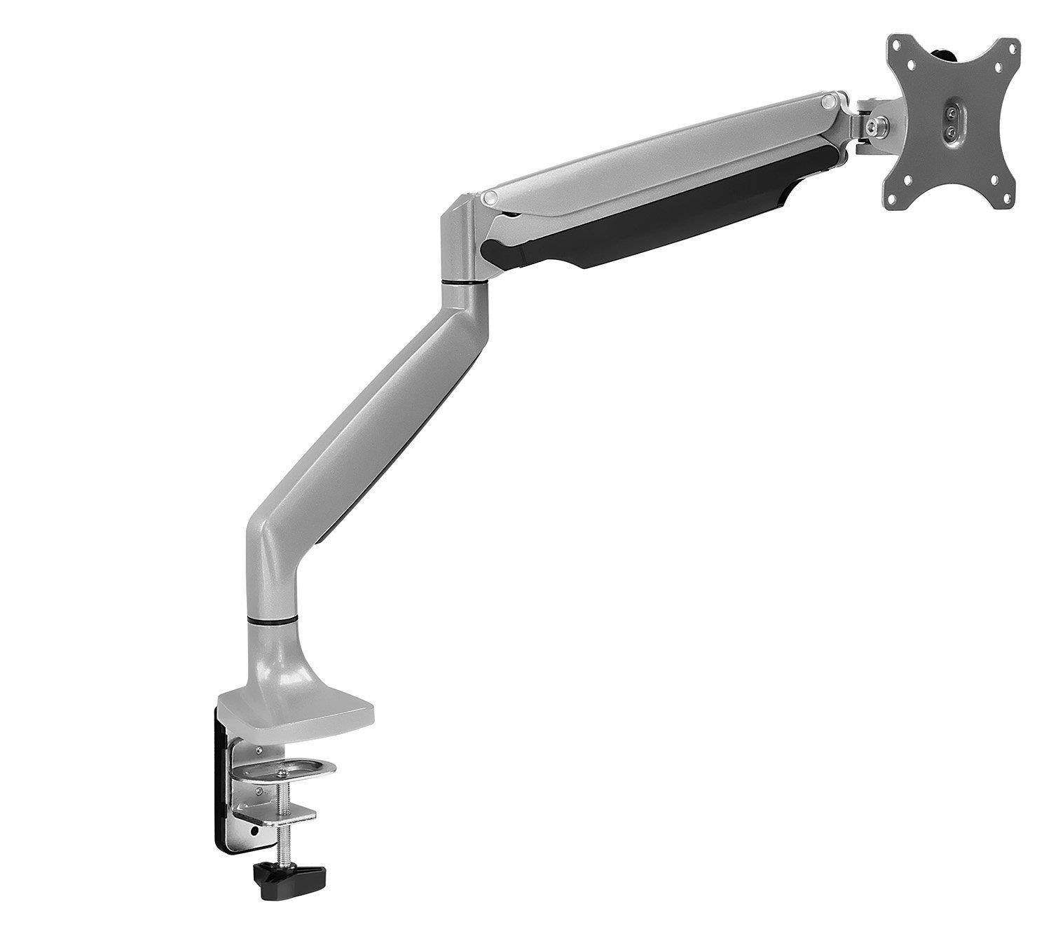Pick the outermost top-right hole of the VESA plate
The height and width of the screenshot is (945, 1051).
(1009, 47)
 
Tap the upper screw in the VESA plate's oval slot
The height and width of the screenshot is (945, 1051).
(951, 111)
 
